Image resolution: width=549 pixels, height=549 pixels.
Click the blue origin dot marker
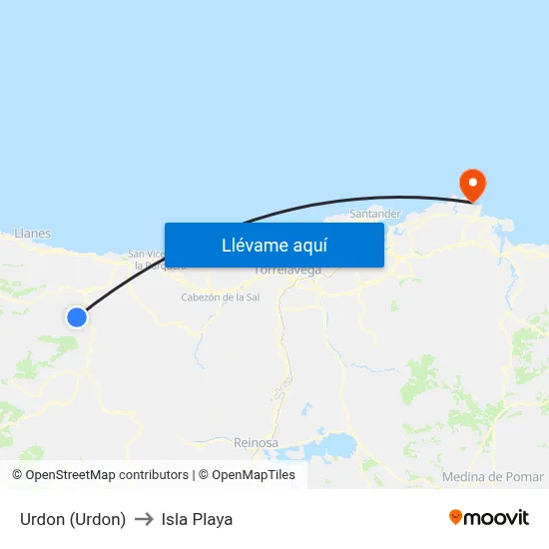tap(77, 317)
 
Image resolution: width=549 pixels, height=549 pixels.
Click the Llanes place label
tap(33, 234)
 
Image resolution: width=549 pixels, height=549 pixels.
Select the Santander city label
tap(376, 214)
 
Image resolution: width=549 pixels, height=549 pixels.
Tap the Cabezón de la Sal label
tap(220, 297)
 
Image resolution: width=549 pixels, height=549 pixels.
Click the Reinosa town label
tap(256, 441)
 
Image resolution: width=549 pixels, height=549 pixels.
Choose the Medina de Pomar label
tap(492, 477)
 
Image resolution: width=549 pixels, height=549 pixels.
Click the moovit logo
tap(489, 517)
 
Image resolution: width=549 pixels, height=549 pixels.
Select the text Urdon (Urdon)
tap(73, 519)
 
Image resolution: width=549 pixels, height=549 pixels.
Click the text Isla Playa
tap(197, 519)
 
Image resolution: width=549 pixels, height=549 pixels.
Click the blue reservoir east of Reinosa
tap(335, 443)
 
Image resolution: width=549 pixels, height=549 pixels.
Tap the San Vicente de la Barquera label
tap(150, 260)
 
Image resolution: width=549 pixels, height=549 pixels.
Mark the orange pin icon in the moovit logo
tap(456, 517)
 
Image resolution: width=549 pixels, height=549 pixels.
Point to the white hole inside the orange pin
tap(471, 180)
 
